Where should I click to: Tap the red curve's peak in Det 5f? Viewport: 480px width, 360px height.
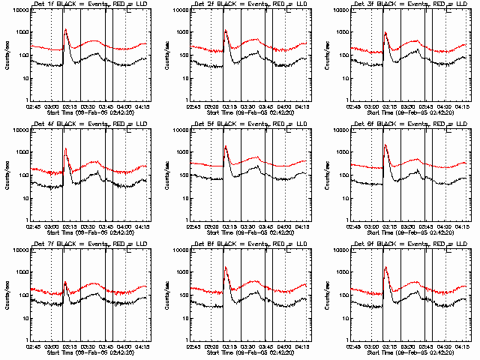tap(226, 145)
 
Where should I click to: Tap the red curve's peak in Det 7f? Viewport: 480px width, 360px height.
tap(65, 282)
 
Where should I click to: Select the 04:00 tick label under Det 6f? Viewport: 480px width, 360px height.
tap(444, 226)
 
